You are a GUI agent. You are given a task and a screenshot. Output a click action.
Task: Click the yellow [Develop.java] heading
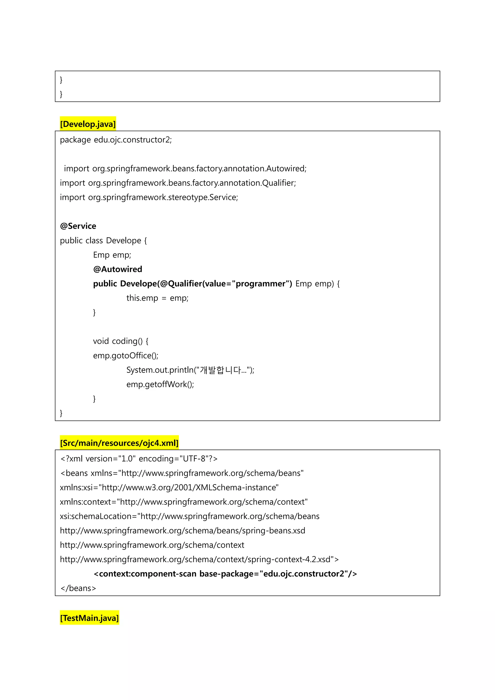88,124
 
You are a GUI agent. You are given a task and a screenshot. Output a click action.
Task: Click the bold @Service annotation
78,226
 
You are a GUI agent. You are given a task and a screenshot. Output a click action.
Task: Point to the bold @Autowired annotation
118,269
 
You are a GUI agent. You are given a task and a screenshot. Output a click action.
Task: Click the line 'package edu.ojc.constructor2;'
116,140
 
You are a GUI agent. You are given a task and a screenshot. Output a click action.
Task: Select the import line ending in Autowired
185,169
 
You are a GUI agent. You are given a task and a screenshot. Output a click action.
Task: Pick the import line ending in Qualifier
178,183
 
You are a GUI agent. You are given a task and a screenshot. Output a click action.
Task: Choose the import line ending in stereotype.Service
149,197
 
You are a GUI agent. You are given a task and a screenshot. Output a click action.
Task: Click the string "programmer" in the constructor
260,284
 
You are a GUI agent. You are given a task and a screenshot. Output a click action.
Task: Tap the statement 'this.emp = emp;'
157,298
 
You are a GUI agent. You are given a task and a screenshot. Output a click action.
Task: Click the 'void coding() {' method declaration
121,341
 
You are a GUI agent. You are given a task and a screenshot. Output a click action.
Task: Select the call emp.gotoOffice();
126,356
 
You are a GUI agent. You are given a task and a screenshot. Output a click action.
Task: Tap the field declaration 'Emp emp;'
112,255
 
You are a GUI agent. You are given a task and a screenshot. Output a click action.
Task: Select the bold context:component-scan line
225,574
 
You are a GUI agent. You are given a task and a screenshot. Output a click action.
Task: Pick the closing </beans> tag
78,588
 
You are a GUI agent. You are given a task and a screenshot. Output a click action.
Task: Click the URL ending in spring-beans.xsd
182,531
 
